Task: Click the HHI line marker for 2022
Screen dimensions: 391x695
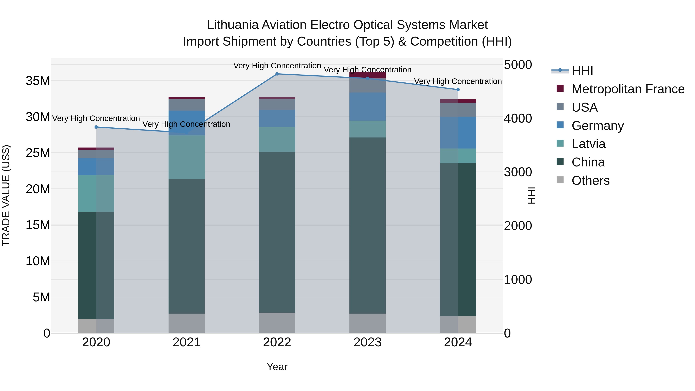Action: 277,74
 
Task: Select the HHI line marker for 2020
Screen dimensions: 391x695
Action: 96,127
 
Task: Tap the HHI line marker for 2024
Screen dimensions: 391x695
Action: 458,90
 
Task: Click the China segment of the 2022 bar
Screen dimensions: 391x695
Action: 277,232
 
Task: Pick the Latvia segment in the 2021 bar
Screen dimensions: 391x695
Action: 186,157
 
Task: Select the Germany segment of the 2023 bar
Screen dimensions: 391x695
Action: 367,107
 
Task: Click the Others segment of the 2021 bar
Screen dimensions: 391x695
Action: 186,323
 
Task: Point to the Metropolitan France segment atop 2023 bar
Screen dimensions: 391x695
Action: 367,75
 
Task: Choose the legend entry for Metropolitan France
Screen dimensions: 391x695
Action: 628,89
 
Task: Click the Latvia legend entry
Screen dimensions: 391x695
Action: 588,144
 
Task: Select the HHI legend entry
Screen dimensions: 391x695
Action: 582,71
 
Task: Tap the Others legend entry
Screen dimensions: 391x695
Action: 590,181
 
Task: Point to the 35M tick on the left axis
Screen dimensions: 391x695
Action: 38,81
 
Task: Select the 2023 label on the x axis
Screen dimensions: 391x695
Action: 367,342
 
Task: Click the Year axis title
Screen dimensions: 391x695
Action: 277,367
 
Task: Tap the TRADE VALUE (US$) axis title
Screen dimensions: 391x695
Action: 6,195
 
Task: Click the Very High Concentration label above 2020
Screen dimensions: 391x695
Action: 96,119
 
